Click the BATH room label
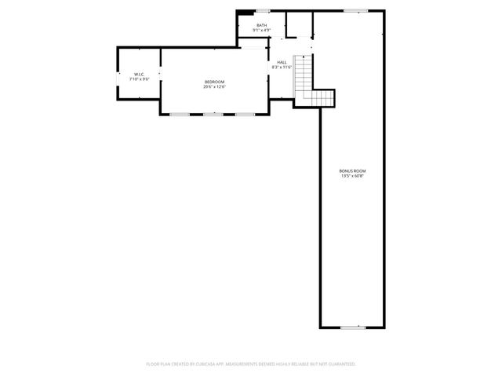pos(261,25)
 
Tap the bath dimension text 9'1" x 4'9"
pos(261,31)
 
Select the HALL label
pos(282,62)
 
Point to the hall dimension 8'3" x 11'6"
pos(282,68)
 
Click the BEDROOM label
pos(215,82)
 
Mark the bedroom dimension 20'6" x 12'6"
pos(215,87)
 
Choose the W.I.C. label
pos(139,74)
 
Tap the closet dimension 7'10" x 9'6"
pos(139,79)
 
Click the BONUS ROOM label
pos(352,170)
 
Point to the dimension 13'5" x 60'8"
pos(352,176)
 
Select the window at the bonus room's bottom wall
pos(352,328)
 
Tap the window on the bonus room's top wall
pos(355,10)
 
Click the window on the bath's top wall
pos(263,10)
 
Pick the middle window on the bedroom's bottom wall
pos(213,115)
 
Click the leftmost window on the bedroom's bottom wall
pos(180,115)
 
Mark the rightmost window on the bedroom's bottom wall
pos(246,115)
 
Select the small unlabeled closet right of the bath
pos(299,24)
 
